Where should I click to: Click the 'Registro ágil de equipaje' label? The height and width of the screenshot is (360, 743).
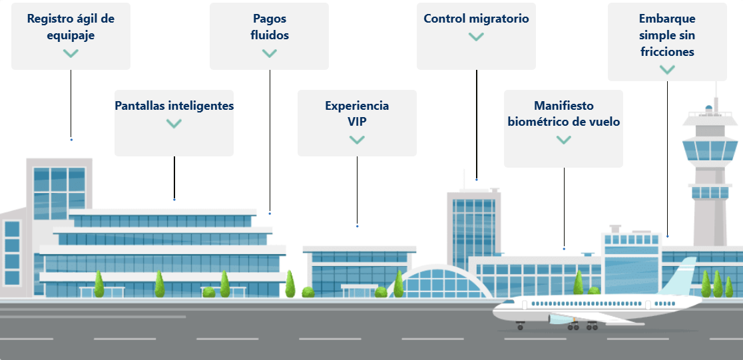[x=71, y=27]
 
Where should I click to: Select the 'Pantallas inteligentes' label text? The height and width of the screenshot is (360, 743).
[x=174, y=106]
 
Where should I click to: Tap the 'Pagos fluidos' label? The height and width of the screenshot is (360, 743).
[x=269, y=27]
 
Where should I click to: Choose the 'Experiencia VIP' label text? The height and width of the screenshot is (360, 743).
[x=357, y=114]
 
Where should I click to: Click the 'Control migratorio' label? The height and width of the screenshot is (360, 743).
[x=476, y=19]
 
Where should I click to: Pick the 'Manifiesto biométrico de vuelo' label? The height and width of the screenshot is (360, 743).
[x=563, y=114]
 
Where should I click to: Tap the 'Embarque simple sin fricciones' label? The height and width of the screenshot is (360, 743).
[x=666, y=35]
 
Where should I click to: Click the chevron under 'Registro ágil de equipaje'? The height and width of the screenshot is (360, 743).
[x=71, y=53]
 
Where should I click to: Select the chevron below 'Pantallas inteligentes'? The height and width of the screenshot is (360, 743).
[x=174, y=123]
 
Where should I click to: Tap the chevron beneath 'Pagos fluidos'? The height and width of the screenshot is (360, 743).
[x=269, y=53]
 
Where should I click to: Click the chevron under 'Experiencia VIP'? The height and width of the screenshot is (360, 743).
[x=357, y=140]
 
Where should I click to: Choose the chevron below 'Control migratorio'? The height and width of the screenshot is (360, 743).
[x=476, y=37]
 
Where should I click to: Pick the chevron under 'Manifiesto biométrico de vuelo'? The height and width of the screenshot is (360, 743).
[x=563, y=140]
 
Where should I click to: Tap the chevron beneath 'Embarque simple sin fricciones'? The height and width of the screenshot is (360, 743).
[x=666, y=69]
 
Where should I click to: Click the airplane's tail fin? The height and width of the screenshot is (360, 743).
[x=682, y=273]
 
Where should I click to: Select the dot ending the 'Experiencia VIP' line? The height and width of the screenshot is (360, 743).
[x=357, y=226]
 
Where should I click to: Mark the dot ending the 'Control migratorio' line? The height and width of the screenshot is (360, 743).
[x=477, y=180]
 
